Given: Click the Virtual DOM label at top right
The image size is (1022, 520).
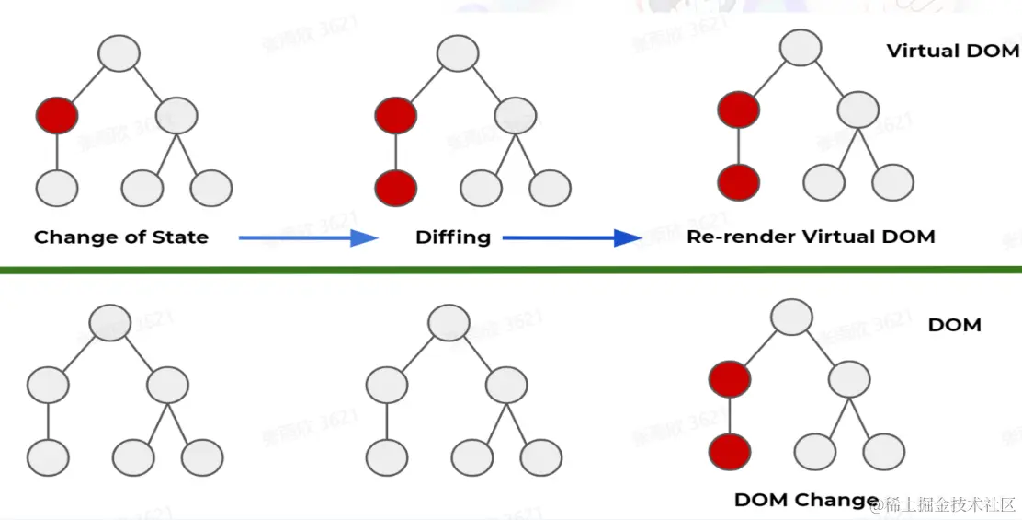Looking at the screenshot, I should (953, 51).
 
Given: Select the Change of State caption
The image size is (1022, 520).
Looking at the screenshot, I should (121, 237).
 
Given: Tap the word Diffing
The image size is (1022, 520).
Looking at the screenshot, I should (453, 237).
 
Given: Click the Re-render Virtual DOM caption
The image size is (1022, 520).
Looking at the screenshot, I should (811, 237).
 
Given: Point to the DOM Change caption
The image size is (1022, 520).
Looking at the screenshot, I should (806, 500).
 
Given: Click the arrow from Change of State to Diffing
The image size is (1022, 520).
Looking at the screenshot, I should (309, 237).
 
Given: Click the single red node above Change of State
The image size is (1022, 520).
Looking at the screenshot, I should (57, 116).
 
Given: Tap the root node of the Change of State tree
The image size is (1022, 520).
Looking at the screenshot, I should (119, 52).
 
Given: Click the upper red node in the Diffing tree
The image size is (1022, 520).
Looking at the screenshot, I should (396, 116).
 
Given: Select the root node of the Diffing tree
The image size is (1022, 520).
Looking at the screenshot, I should (458, 52).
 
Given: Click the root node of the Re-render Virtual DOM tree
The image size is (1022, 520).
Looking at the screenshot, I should (801, 47).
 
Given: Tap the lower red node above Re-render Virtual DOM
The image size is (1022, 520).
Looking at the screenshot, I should (739, 181).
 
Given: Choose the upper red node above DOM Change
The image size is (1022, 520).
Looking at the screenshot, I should (730, 378).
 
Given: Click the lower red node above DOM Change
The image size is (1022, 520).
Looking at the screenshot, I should (730, 451).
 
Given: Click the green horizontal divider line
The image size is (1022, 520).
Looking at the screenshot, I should (511, 270).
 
